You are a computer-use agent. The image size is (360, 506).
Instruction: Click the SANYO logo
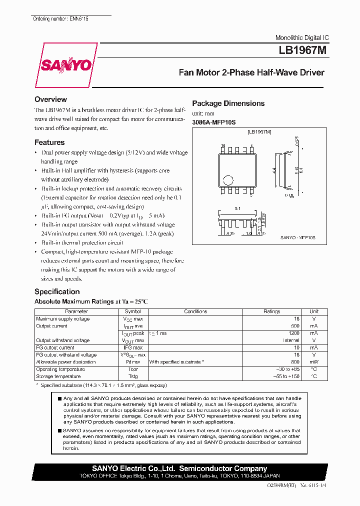click(65, 65)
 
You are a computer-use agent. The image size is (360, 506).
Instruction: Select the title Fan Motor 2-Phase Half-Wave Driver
click(251, 72)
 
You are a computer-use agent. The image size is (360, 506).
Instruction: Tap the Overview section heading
click(50, 99)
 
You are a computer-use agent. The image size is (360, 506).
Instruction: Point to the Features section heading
click(49, 142)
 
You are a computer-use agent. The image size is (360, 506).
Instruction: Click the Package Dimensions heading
click(228, 103)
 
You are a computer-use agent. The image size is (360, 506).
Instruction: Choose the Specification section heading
click(57, 291)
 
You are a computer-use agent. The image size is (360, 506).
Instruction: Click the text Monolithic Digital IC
click(302, 38)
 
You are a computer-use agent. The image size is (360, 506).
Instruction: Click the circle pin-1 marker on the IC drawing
click(228, 180)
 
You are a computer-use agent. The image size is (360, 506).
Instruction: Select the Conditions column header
click(195, 311)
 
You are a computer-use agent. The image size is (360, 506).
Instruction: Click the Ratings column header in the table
click(271, 311)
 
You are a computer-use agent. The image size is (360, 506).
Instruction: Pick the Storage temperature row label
click(58, 376)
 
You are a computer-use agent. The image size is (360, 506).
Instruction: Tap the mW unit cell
click(313, 361)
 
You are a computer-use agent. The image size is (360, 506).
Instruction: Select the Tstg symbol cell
click(133, 376)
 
